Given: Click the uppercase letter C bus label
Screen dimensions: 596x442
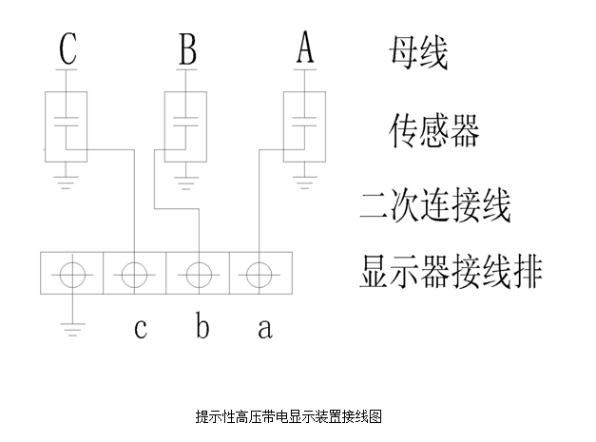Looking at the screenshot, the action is pyautogui.click(x=68, y=48).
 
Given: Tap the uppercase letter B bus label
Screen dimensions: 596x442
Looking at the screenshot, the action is pyautogui.click(x=188, y=48).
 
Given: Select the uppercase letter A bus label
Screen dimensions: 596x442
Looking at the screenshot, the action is pyautogui.click(x=305, y=47).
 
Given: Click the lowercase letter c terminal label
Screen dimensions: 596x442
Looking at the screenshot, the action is pyautogui.click(x=141, y=328).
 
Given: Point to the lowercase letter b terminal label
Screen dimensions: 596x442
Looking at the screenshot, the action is pyautogui.click(x=202, y=324).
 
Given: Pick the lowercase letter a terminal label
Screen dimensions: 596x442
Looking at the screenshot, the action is pyautogui.click(x=265, y=328).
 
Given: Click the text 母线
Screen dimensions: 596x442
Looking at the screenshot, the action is pyautogui.click(x=418, y=52).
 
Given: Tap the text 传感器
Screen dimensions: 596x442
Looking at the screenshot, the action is pyautogui.click(x=433, y=130).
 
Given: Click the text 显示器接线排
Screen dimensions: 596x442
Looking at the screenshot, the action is pyautogui.click(x=451, y=271).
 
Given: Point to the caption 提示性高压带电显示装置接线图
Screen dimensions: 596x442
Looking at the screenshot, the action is pyautogui.click(x=289, y=416).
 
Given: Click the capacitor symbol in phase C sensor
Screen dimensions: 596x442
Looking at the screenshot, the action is pyautogui.click(x=67, y=122).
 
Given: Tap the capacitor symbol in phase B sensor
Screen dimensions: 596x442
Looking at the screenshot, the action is pyautogui.click(x=185, y=122).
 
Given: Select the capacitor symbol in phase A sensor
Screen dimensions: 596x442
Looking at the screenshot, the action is pyautogui.click(x=304, y=122).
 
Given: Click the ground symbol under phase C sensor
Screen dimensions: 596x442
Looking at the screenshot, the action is pyautogui.click(x=67, y=183).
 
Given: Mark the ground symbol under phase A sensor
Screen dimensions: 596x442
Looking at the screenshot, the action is pyautogui.click(x=304, y=183).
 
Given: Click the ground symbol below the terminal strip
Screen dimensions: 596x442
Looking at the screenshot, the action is pyautogui.click(x=72, y=329).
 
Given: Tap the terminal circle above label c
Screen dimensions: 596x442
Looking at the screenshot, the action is pyautogui.click(x=135, y=275).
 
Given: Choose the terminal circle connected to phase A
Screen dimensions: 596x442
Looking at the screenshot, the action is pyautogui.click(x=260, y=275).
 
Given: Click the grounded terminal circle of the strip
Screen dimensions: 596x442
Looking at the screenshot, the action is pyautogui.click(x=72, y=275).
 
